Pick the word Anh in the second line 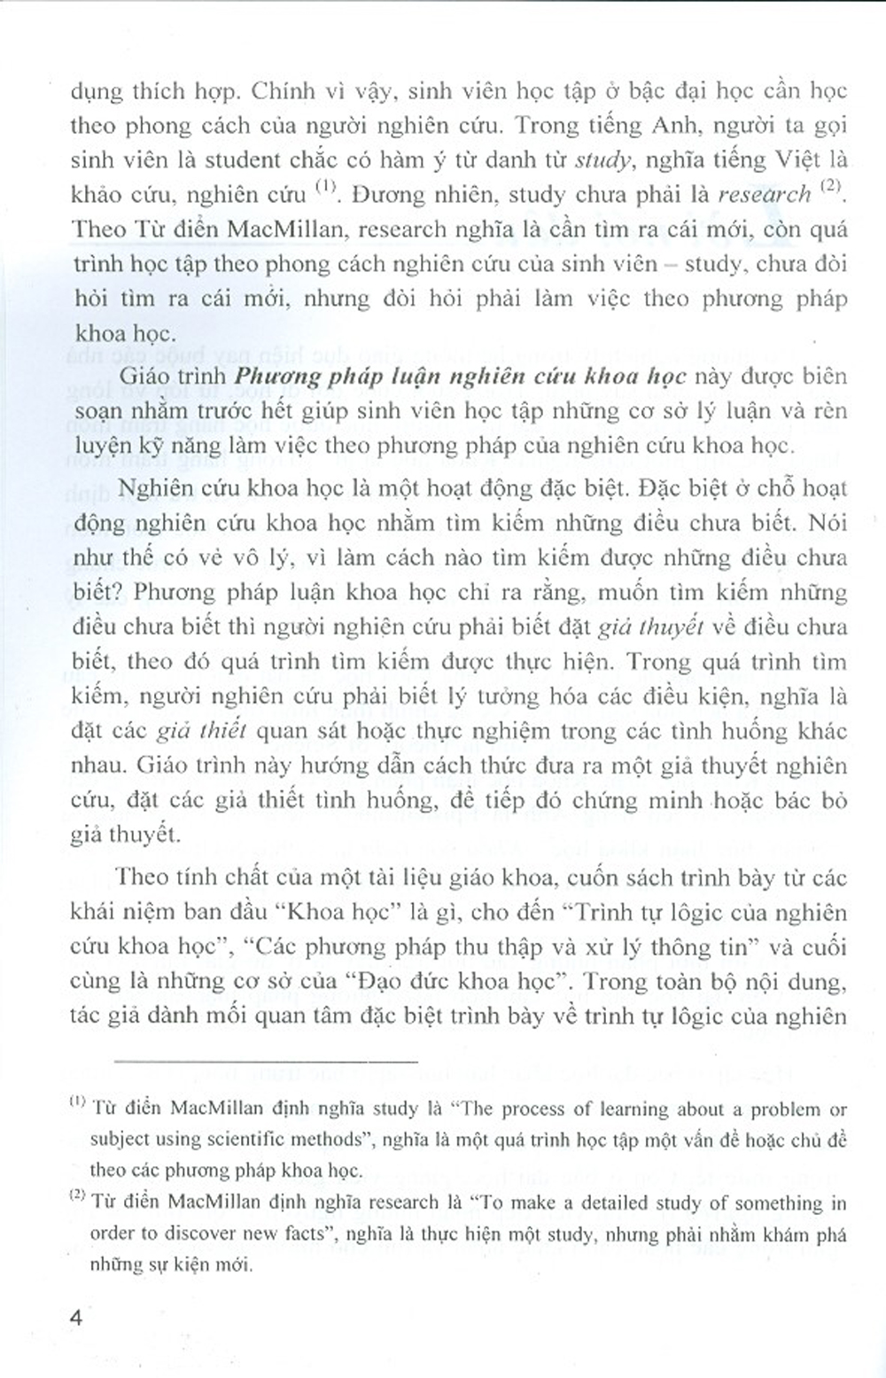[673, 126]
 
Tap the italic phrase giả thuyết [660, 627]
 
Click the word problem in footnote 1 [770, 1109]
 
